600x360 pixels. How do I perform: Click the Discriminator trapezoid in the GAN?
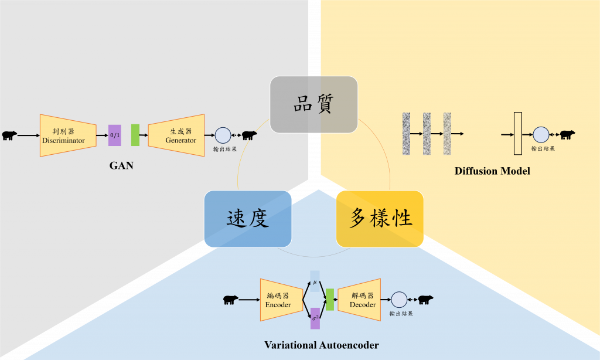(67, 135)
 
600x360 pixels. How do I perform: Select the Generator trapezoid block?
(176, 135)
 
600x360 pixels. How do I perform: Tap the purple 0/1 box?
(115, 135)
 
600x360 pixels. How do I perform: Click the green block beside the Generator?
(135, 135)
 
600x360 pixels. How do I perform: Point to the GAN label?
(121, 165)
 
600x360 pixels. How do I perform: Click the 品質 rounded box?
(313, 104)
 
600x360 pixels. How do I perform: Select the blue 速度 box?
(248, 218)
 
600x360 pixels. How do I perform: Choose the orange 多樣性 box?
(380, 218)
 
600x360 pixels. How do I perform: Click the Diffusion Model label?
(492, 171)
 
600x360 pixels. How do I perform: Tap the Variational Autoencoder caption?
(321, 345)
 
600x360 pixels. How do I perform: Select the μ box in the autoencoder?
(315, 281)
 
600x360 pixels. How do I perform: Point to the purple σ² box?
(315, 318)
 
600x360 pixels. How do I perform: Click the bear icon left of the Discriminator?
(9, 136)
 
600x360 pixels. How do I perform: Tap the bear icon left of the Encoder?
(230, 300)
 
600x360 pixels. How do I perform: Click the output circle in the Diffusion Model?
(541, 135)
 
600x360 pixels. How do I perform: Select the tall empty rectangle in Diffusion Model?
(517, 134)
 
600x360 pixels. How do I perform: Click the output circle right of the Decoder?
(399, 300)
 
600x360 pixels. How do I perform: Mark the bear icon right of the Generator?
(249, 135)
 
